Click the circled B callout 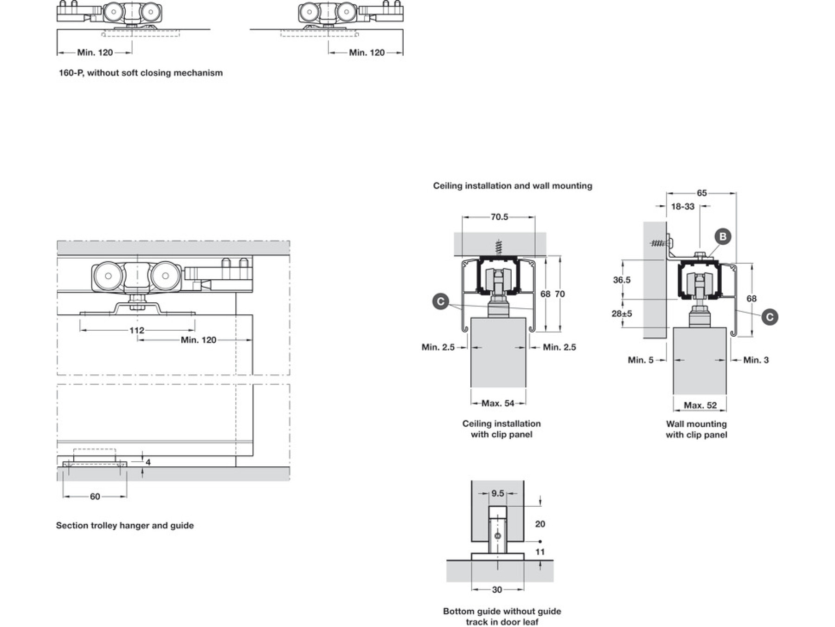click(722, 236)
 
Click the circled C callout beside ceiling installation click(440, 301)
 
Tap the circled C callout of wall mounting click(770, 317)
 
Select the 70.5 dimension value click(499, 217)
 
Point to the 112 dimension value click(136, 330)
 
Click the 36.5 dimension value click(622, 280)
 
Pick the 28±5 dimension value click(622, 313)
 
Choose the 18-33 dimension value click(683, 206)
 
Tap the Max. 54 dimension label click(498, 403)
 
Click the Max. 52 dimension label click(700, 405)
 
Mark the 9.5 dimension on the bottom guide click(497, 493)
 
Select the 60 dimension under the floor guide click(95, 496)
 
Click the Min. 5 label click(640, 360)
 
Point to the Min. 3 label click(756, 360)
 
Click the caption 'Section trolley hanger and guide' click(125, 525)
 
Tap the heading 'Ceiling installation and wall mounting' click(513, 186)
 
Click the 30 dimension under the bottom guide click(497, 589)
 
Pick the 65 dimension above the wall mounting click(701, 193)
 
